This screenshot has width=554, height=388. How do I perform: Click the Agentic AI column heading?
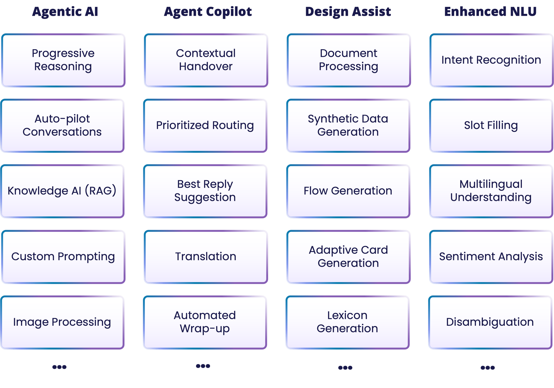(65, 12)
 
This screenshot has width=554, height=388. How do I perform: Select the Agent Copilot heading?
(208, 12)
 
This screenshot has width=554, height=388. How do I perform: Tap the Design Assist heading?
(348, 12)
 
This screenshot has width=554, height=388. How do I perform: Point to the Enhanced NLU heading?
(490, 12)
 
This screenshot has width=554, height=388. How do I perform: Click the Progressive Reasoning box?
(63, 60)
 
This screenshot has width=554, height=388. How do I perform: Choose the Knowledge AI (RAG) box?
(62, 191)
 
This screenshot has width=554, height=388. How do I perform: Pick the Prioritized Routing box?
(205, 126)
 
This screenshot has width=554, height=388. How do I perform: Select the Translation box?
(206, 257)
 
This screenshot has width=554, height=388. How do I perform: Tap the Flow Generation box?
(348, 191)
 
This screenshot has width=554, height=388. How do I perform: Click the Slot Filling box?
(491, 126)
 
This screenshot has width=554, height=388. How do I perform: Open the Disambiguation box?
(490, 322)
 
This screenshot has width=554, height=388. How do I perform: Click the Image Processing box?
(62, 322)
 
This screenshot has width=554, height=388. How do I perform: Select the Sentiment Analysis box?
(491, 257)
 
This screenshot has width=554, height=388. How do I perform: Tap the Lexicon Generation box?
(347, 322)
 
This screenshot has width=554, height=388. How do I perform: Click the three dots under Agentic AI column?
(59, 367)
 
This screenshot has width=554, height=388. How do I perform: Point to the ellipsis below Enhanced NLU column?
(488, 368)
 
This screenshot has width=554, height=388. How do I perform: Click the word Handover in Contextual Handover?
(206, 67)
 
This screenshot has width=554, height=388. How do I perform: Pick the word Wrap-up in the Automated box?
(205, 329)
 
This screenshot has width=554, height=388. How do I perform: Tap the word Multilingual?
(491, 184)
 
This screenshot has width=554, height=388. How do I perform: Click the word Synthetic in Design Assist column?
(324, 119)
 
